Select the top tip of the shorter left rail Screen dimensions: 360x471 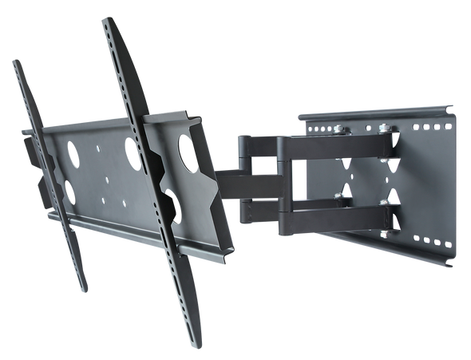click(x=15, y=61)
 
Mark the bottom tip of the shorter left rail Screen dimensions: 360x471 click(x=85, y=289)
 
